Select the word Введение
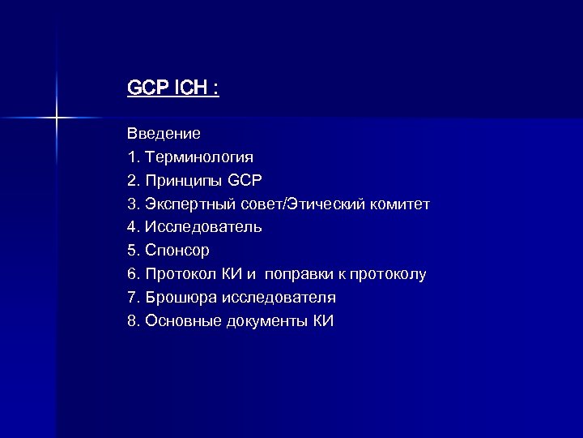click(x=164, y=131)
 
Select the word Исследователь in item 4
click(x=203, y=226)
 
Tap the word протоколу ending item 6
click(x=386, y=274)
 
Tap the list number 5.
click(x=132, y=251)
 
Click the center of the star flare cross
click(x=57, y=118)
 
